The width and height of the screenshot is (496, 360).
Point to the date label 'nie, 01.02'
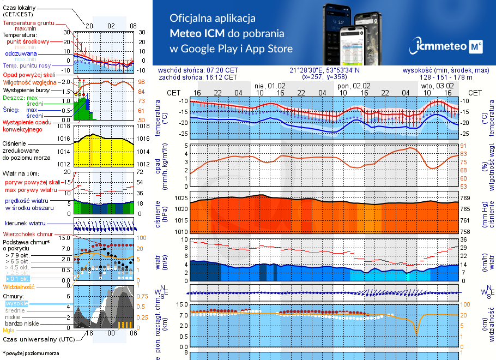click(270, 86)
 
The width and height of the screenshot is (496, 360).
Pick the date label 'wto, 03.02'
click(437, 86)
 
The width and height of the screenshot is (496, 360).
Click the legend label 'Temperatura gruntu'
click(28, 23)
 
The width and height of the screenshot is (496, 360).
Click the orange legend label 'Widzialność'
click(19, 286)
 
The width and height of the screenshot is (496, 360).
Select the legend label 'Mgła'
click(9, 330)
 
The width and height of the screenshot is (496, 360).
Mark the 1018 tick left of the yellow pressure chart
click(65, 127)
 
